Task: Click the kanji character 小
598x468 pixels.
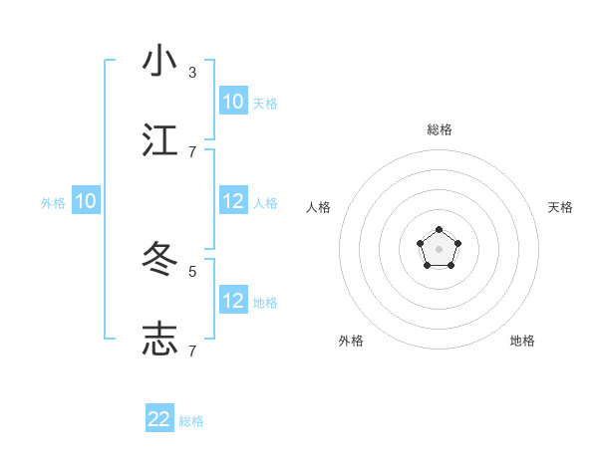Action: point(159,61)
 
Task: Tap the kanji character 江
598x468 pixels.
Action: point(159,140)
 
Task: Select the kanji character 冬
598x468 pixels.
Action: point(159,260)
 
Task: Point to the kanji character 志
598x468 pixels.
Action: point(159,340)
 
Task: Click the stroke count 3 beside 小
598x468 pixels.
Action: point(192,73)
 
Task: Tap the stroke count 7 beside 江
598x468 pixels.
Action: point(192,151)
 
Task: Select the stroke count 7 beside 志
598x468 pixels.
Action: point(192,351)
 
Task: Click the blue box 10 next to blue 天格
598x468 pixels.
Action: point(233,102)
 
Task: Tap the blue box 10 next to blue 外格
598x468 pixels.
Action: point(86,201)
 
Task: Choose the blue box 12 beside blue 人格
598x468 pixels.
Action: point(233,201)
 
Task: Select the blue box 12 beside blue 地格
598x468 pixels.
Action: point(233,301)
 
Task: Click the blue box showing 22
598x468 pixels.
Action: point(159,419)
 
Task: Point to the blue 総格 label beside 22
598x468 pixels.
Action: point(192,421)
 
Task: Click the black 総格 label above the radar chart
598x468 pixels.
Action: point(440,129)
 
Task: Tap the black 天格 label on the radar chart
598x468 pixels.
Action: point(561,207)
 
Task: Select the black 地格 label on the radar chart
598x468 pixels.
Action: point(522,341)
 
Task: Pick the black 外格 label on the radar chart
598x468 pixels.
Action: point(351,341)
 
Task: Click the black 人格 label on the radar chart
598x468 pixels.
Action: point(319,207)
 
